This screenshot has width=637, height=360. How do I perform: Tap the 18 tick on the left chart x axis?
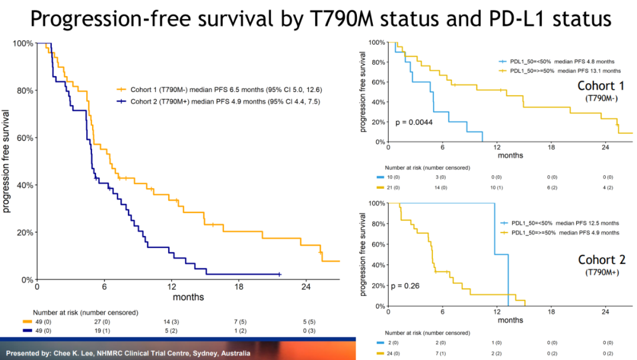(239, 287)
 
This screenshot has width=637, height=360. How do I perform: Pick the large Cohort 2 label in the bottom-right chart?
(602, 260)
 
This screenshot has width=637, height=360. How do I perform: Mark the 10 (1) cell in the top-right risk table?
(497, 188)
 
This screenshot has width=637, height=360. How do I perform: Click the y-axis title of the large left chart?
(6, 161)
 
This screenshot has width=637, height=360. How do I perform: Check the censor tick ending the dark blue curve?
(280, 274)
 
